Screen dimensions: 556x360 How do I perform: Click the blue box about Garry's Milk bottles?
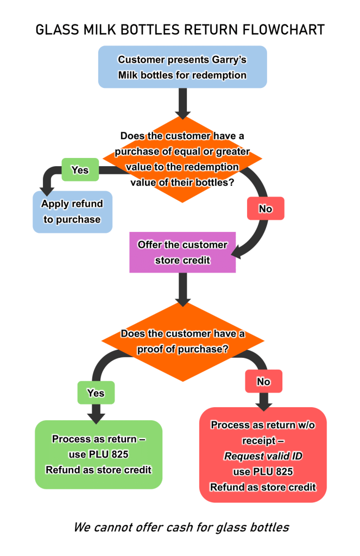point(182,67)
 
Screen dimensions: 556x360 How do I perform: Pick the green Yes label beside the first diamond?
point(80,170)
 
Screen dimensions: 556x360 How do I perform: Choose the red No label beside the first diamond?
point(266,208)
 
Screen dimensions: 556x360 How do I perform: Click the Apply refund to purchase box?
point(72,212)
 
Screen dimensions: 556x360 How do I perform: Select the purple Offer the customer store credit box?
point(182,252)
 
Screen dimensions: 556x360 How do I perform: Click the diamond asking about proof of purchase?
point(182,342)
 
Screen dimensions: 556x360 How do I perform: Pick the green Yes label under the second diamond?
point(96,393)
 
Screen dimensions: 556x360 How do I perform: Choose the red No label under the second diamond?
point(263,382)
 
